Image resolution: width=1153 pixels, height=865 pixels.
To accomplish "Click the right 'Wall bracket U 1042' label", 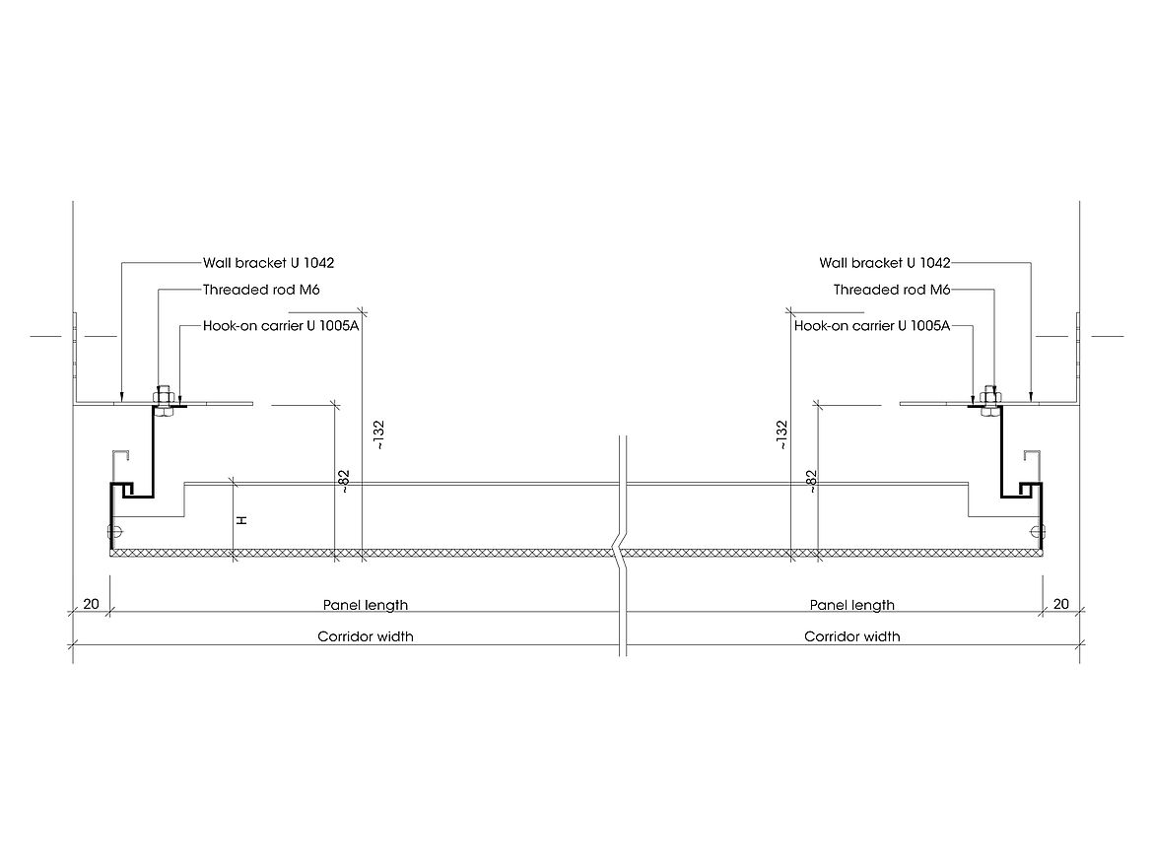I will pos(884,263).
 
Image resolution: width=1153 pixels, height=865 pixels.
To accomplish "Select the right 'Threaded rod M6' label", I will pos(892,290).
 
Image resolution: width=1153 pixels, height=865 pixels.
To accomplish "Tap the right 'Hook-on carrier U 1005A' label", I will pos(871,324).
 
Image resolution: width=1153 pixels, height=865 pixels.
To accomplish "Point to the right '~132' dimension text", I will pos(782,435).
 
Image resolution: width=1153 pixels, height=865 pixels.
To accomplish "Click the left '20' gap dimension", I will pos(91,604).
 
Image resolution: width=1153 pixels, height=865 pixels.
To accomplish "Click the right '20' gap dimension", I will pos(1060,604).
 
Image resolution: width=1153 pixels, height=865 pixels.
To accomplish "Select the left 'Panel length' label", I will pos(366,605).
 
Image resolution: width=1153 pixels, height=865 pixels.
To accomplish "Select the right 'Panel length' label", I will pos(851,605).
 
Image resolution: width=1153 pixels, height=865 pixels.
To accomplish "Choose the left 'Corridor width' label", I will pos(365,636).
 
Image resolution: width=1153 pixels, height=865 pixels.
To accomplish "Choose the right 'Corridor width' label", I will pos(851,636).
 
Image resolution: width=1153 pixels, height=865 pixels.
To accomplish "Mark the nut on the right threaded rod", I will pos(989,398).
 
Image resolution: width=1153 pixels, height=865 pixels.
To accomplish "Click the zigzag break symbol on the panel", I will pos(621,553).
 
